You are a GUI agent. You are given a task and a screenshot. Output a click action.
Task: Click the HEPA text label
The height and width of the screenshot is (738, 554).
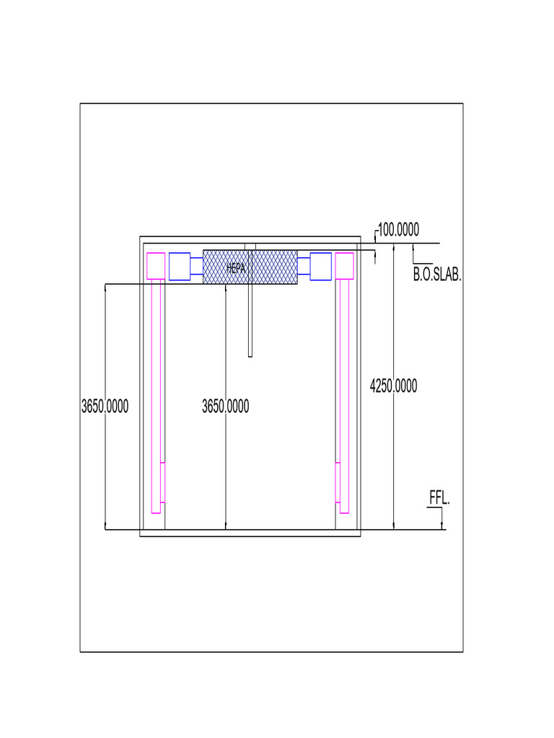pos(236,268)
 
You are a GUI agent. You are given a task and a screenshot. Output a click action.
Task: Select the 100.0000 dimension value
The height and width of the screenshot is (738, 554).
pos(398,230)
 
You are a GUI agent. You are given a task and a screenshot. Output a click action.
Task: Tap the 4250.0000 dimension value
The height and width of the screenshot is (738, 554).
pos(393,386)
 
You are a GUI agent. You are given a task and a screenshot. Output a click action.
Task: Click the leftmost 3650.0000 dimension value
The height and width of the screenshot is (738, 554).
pos(105,406)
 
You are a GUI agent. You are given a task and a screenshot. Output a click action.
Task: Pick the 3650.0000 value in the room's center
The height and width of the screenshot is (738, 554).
pos(225,406)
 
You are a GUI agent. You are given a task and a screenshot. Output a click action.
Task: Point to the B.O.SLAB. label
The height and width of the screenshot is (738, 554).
pos(436,275)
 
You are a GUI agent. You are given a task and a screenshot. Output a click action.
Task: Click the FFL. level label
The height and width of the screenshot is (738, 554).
pos(439,498)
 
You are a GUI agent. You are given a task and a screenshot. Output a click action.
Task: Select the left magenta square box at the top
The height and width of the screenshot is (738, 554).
pos(156,265)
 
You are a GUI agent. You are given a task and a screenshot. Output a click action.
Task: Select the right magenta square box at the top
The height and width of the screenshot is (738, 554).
pos(344,265)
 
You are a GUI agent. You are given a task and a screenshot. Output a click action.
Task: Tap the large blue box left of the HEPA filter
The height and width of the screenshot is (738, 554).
pos(180,266)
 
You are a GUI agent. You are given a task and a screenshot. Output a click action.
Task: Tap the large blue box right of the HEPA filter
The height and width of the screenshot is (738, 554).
pos(320,266)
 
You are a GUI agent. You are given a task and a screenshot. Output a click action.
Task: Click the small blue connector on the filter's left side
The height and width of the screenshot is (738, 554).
pos(196,266)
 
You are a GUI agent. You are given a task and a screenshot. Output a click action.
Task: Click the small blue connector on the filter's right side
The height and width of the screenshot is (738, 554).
pos(304,266)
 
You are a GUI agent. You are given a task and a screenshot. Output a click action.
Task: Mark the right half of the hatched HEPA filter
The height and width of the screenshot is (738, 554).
pos(274,267)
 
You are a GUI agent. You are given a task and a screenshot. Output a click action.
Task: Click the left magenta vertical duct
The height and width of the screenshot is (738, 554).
pos(156,396)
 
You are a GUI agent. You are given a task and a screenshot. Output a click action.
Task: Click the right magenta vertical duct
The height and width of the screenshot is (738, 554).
pos(344,396)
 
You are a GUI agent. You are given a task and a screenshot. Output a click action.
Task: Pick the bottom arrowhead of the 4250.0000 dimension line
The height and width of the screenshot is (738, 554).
pos(394,525)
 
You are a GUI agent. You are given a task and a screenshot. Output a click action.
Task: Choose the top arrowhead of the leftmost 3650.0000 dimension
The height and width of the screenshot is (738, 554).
pos(105,288)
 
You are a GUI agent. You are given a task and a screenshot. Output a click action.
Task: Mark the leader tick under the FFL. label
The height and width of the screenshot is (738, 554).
pos(441,518)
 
